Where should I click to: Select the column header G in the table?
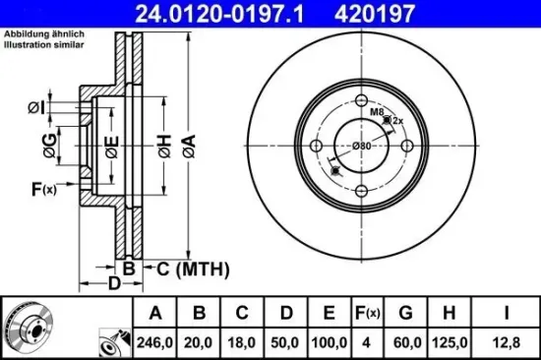pos(406,313)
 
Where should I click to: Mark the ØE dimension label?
pos(111,149)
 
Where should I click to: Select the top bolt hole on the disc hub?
pos(362,100)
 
